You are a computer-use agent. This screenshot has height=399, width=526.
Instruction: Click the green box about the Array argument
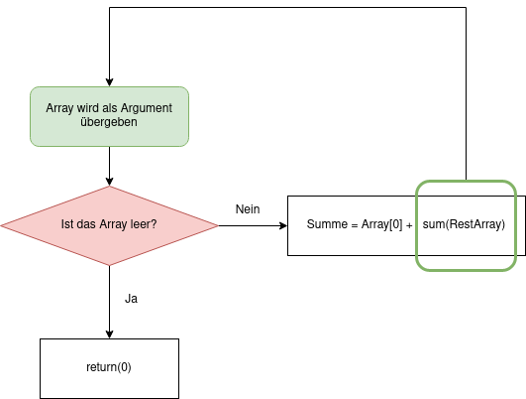[x=109, y=117]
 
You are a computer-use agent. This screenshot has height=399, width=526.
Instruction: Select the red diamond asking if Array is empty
[x=109, y=225]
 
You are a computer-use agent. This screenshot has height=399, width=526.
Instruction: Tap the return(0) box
[x=109, y=368]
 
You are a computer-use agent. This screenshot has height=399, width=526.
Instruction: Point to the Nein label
[x=248, y=209]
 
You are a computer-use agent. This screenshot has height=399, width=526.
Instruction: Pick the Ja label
[x=131, y=299]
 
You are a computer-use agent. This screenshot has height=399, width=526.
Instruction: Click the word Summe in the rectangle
[x=327, y=224]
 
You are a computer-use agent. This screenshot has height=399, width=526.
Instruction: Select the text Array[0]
[x=381, y=224]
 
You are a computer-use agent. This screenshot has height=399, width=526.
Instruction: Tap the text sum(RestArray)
[x=464, y=224]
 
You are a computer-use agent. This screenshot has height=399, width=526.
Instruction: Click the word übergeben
[x=109, y=122]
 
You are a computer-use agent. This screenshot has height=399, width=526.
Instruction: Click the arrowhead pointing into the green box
[x=109, y=82]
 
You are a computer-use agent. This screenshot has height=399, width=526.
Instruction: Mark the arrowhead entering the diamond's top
[x=109, y=182]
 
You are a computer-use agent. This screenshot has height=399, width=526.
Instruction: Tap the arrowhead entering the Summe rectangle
[x=283, y=225]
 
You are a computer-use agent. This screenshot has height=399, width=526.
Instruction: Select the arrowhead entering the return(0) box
[x=109, y=334]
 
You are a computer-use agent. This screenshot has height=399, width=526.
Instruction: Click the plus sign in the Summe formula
[x=409, y=226]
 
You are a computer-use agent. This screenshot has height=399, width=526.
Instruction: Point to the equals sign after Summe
[x=355, y=225]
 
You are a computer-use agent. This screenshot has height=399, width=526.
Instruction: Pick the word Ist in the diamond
[x=65, y=224]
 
